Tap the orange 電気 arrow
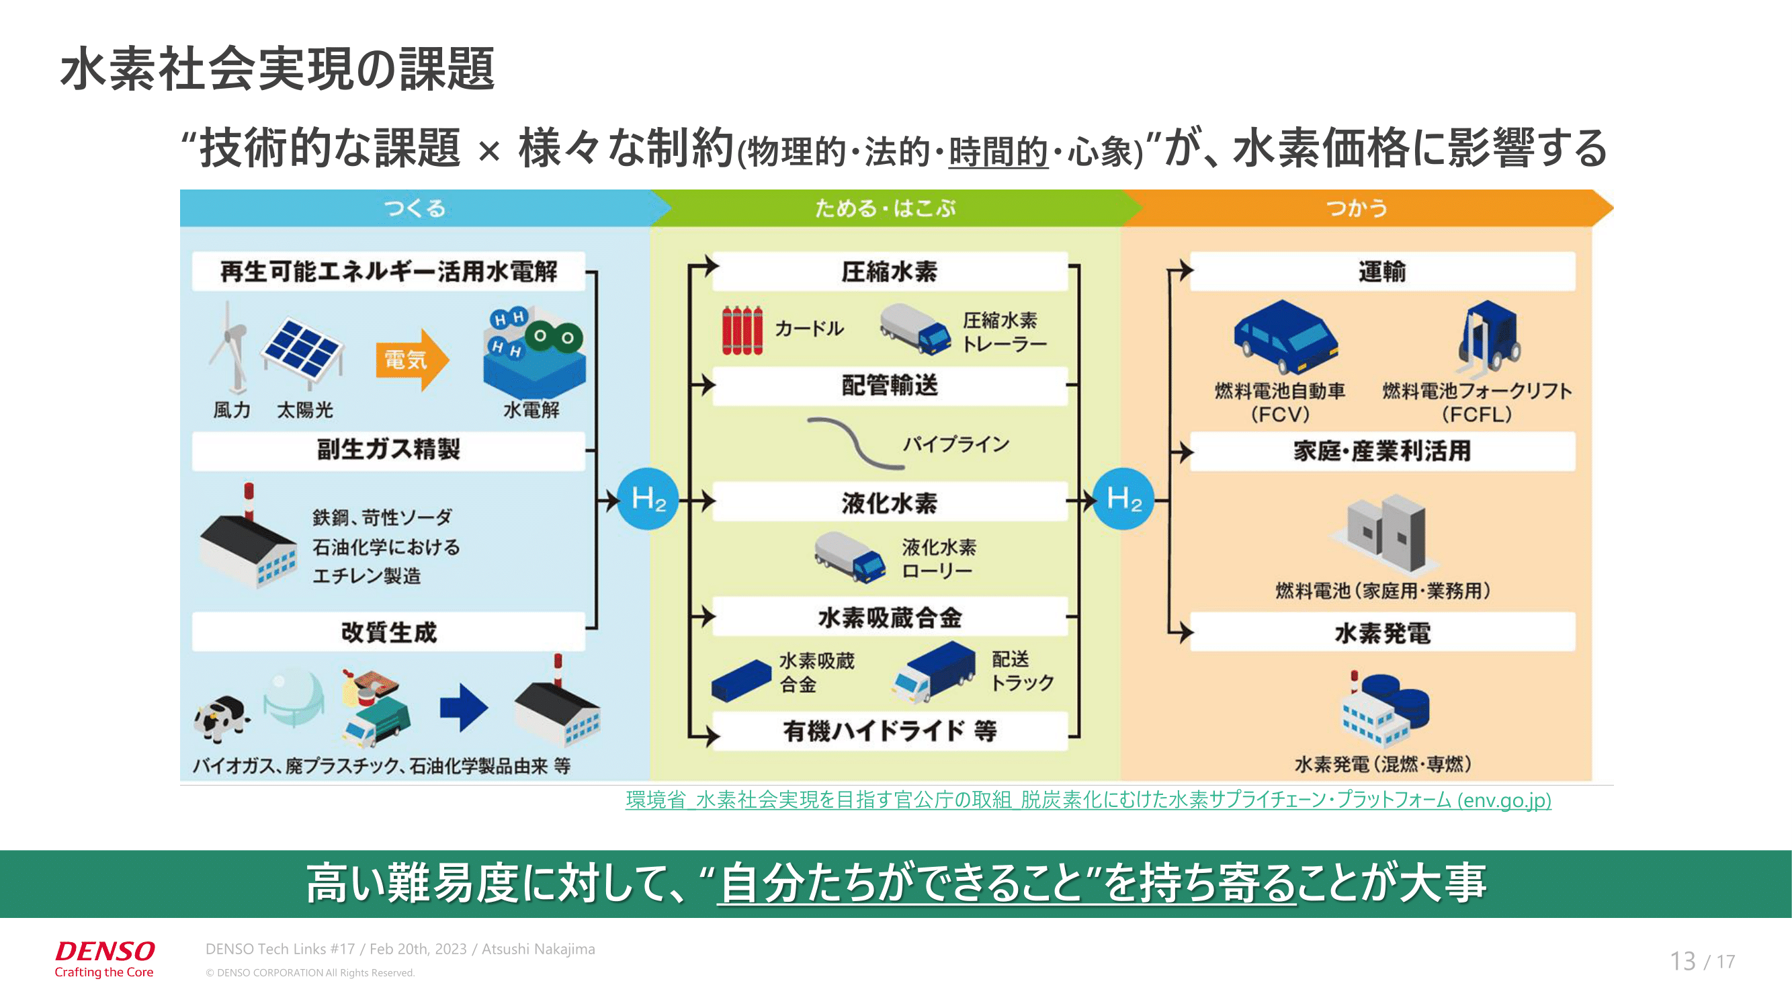coord(411,360)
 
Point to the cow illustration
coord(221,719)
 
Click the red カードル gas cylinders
coord(742,331)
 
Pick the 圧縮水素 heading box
coord(889,271)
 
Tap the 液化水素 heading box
coord(889,502)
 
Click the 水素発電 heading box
coord(1381,632)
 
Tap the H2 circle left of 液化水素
coord(648,499)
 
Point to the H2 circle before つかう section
coord(1123,499)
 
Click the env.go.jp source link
coord(1088,800)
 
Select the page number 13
coord(1682,961)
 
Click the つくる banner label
coord(415,208)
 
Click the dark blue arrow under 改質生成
coord(464,708)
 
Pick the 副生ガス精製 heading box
coord(388,450)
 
